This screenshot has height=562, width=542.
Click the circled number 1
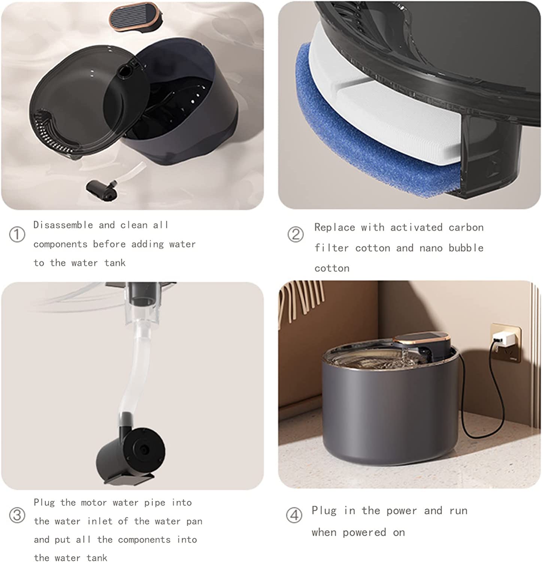pyautogui.click(x=17, y=235)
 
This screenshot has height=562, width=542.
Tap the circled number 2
pyautogui.click(x=296, y=235)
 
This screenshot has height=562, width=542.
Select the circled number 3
pyautogui.click(x=17, y=516)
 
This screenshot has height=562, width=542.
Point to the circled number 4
pyautogui.click(x=294, y=515)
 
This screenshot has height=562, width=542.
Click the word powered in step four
pyautogui.click(x=364, y=532)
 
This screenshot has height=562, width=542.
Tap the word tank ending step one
pyautogui.click(x=115, y=263)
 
